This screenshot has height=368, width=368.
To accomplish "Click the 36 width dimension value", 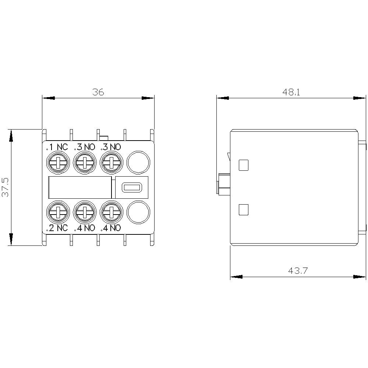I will [98, 92].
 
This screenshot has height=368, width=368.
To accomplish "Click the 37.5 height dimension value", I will [6, 187].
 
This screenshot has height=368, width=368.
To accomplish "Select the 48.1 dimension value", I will [291, 92].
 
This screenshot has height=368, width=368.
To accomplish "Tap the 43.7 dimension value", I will [298, 271].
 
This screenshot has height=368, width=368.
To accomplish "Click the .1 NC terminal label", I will [57, 147].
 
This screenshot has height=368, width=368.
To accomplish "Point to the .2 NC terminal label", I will [57, 228].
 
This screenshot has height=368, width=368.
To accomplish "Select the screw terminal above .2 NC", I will [57, 212].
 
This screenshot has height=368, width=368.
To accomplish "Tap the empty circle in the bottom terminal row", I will [138, 212].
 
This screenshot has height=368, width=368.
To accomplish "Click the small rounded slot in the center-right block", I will [132, 188].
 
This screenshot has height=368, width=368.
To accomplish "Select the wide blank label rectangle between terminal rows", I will [80, 187].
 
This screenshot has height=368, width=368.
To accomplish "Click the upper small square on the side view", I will [244, 165].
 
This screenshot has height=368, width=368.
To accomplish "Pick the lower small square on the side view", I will [244, 210].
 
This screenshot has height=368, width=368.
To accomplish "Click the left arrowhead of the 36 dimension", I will [48, 98].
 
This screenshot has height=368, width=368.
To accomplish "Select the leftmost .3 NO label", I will [85, 147].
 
